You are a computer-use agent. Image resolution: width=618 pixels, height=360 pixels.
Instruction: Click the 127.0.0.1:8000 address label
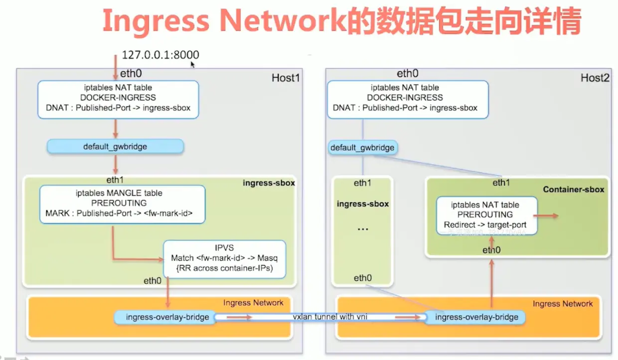tap(160, 55)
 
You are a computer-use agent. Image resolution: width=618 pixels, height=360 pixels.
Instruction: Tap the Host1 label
tap(286, 78)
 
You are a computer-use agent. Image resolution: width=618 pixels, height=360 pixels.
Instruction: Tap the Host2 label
tap(595, 78)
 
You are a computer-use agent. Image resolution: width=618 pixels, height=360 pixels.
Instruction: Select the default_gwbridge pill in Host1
tap(115, 147)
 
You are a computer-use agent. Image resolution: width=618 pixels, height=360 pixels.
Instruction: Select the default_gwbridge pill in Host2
tap(362, 148)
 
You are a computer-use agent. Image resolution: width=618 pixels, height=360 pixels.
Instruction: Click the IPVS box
tap(225, 259)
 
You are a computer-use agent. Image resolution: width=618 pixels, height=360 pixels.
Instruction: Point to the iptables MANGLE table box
tap(122, 204)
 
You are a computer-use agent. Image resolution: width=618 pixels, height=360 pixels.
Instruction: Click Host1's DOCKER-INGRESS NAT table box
tap(118, 100)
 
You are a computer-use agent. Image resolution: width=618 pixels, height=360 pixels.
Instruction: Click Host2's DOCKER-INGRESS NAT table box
tap(408, 100)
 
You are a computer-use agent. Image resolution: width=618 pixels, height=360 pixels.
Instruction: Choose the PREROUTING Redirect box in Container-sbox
tap(486, 215)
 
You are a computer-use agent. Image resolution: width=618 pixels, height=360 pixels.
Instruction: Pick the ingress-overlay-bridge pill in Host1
tap(164, 317)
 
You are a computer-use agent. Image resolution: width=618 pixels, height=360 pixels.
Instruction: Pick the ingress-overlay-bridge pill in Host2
tap(475, 317)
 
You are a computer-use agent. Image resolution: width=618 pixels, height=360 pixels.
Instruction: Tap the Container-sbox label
tap(573, 189)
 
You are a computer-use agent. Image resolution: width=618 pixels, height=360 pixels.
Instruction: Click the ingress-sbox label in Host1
tap(269, 183)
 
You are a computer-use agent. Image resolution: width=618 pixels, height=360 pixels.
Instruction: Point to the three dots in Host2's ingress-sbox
tap(362, 229)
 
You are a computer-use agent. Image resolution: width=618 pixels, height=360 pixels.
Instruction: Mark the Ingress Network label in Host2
tap(563, 304)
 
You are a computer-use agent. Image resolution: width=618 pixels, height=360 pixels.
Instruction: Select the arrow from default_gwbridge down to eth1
tap(115, 165)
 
